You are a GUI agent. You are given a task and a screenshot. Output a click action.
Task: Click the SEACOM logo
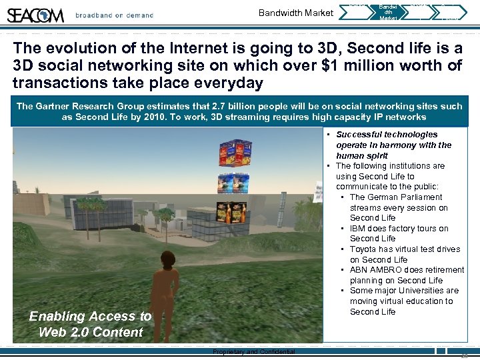pyautogui.click(x=35, y=15)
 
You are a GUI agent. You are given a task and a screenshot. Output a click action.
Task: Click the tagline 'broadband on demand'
pyautogui.click(x=114, y=15)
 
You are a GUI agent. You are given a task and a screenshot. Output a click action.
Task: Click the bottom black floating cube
pyautogui.click(x=231, y=211)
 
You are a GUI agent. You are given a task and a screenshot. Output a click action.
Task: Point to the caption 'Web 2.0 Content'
pyautogui.click(x=91, y=332)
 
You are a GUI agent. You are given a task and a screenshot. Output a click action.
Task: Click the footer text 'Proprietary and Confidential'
pyautogui.click(x=253, y=352)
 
